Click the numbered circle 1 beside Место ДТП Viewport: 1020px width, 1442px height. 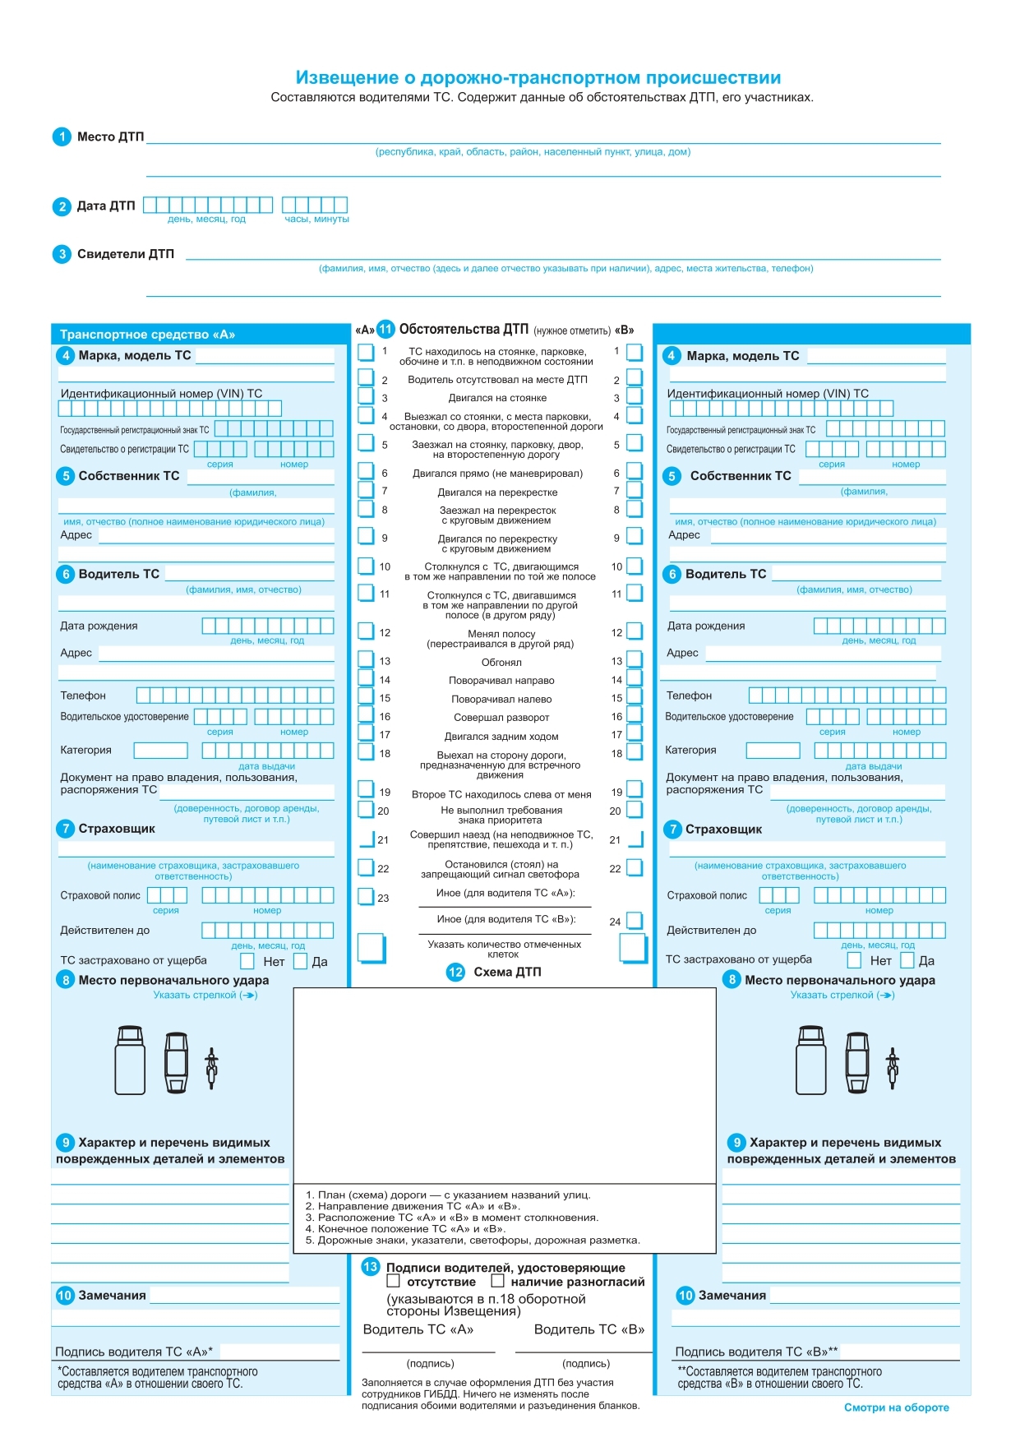pos(62,136)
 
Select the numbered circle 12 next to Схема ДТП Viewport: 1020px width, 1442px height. pos(455,972)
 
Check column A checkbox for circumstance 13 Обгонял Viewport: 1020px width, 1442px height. pos(366,659)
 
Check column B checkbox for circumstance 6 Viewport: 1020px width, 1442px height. pos(634,471)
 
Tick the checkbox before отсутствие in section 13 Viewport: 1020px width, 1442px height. pos(394,1281)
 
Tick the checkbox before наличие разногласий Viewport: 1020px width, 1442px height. pos(497,1281)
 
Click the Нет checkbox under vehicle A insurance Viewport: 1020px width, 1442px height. pos(247,960)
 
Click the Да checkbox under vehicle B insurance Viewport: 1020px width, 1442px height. pos(907,960)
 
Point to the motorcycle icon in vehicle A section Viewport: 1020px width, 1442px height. pos(211,1067)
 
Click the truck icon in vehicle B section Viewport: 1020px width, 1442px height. pos(811,1061)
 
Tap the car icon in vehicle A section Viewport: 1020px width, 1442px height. pos(177,1062)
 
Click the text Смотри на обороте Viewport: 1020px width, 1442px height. pos(896,1407)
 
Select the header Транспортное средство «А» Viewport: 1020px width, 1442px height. pos(148,335)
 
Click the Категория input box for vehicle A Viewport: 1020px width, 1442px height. pos(161,750)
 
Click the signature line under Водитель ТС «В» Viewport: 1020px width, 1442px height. pos(583,1352)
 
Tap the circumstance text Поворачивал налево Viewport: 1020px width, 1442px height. pos(501,699)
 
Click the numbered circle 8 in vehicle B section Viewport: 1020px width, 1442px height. pos(732,980)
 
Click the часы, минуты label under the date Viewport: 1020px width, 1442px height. pos(316,219)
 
